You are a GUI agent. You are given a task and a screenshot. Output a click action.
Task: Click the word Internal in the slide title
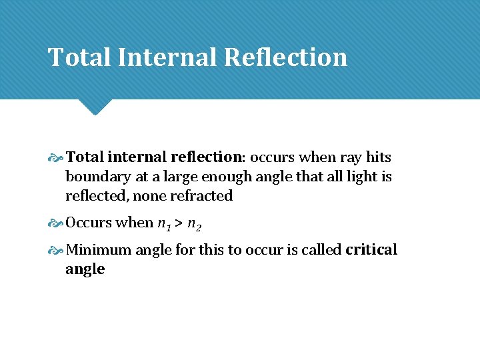click(x=167, y=57)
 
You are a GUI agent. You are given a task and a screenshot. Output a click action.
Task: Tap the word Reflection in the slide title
click(x=286, y=57)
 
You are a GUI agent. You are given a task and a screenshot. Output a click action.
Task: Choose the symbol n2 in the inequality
click(x=194, y=223)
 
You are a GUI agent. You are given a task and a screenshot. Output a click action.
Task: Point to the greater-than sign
click(x=178, y=223)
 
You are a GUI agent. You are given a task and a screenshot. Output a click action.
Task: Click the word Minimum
click(x=98, y=250)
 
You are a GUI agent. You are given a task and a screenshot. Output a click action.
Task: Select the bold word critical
click(x=371, y=250)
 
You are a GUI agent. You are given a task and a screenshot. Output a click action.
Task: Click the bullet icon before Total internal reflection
click(x=56, y=158)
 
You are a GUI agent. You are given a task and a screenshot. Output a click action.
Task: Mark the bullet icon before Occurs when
click(x=56, y=223)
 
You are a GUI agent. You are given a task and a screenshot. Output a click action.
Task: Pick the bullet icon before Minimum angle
click(x=56, y=251)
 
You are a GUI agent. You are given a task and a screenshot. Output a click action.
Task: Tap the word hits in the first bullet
click(x=377, y=157)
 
